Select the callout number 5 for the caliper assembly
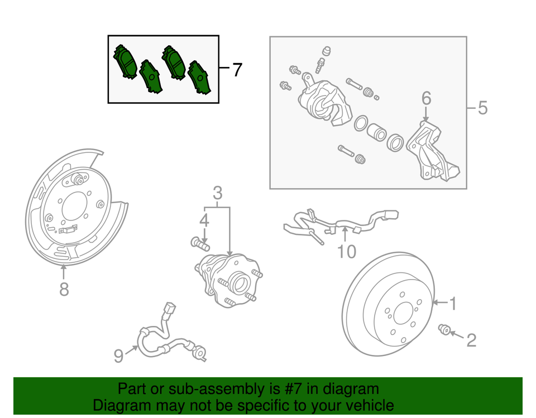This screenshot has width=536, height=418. [x=482, y=108]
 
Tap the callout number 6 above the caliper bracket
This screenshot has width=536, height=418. [x=426, y=98]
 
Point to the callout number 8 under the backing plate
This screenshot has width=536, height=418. [x=64, y=289]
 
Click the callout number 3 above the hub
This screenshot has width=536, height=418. [x=218, y=193]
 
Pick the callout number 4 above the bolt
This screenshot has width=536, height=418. [x=204, y=220]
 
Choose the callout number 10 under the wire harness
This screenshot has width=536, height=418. [x=346, y=252]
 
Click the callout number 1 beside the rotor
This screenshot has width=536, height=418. [x=453, y=304]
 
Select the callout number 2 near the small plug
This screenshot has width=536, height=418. [x=471, y=340]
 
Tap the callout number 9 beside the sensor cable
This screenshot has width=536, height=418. [x=118, y=355]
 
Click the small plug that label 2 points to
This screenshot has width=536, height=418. [x=446, y=330]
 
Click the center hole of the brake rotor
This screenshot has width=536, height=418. [x=403, y=315]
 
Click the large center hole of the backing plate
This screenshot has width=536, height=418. [x=74, y=207]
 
